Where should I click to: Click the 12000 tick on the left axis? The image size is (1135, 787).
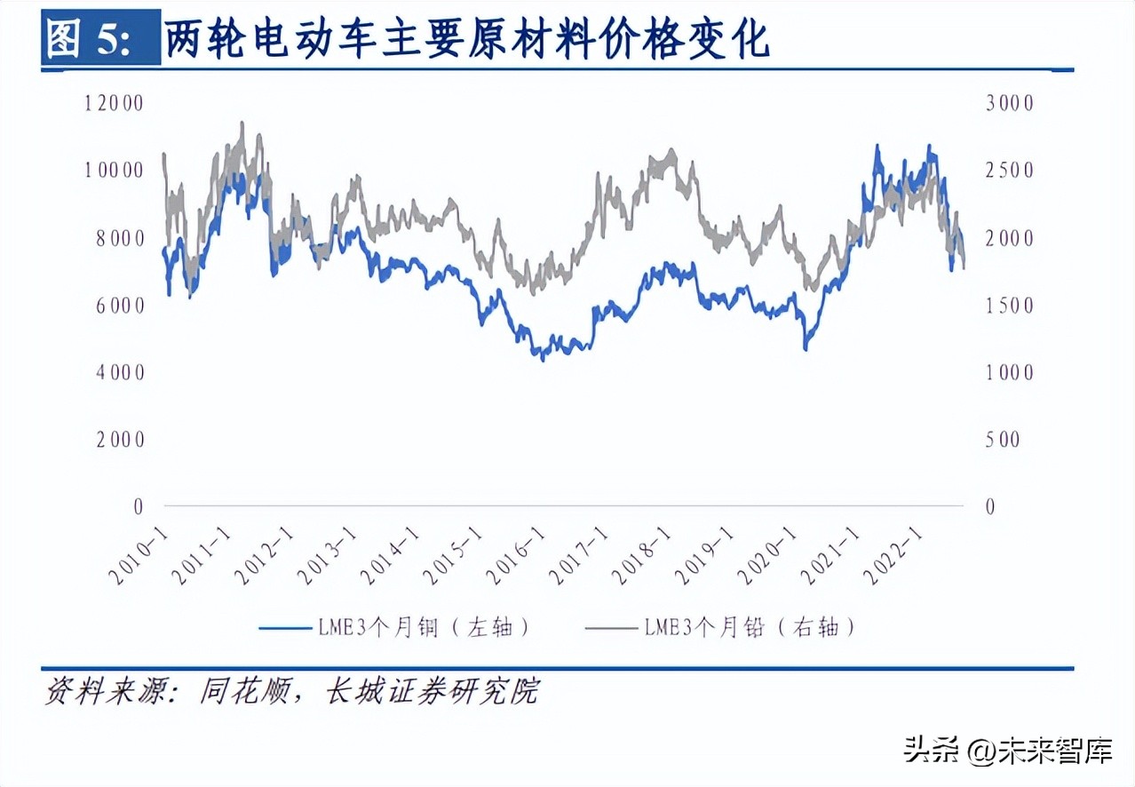pyautogui.click(x=114, y=103)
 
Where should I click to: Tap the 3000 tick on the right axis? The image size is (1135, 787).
pyautogui.click(x=1010, y=103)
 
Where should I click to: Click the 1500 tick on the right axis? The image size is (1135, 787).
pyautogui.click(x=1010, y=306)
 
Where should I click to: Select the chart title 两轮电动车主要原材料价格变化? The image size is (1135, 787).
pyautogui.click(x=465, y=38)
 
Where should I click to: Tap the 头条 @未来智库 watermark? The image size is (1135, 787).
pyautogui.click(x=1007, y=751)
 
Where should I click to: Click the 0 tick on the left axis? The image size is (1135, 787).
pyautogui.click(x=138, y=506)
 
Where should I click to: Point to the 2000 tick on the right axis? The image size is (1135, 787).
pyautogui.click(x=1010, y=238)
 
